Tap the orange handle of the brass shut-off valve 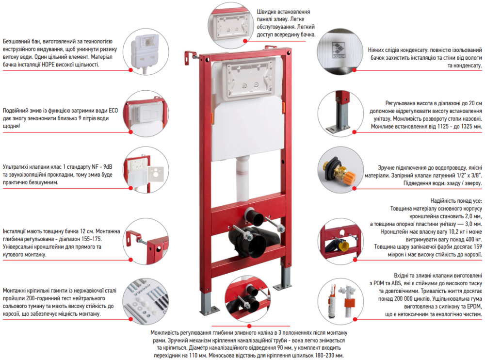coord(350,178)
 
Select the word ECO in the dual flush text coord(113,111)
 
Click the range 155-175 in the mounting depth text coord(91,239)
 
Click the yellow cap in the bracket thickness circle coord(343,246)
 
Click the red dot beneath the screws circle coord(131,319)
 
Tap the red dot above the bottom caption coord(249,326)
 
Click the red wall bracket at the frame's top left coord(189,58)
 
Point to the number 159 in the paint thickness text coord(478,246)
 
